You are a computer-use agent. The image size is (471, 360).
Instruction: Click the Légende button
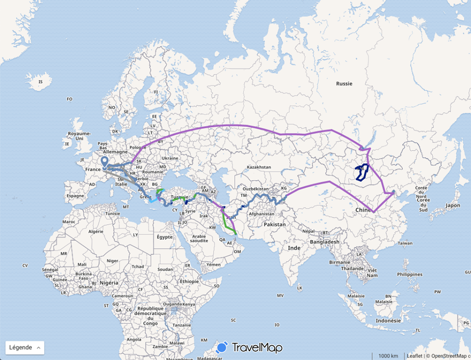25,347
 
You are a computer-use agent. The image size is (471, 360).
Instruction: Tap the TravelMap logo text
257,348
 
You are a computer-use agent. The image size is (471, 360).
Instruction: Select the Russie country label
344,83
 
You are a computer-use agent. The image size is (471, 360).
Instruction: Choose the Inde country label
294,248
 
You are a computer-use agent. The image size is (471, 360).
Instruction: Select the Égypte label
164,237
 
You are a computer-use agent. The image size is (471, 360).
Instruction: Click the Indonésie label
389,320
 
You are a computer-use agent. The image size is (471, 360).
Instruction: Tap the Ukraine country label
170,159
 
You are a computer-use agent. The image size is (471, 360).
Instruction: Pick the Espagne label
76,195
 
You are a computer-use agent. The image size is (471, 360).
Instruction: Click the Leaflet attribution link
414,356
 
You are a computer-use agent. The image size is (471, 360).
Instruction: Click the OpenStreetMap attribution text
449,356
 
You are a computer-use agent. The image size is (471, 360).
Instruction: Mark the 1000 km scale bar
387,356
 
